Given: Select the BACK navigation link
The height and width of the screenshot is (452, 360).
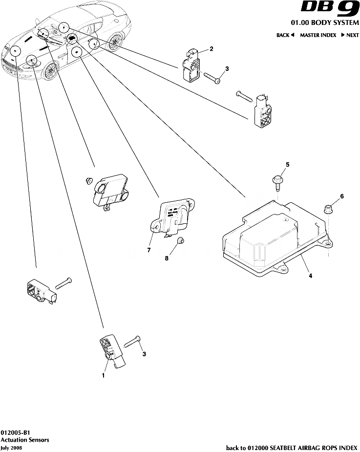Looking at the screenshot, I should (x=285, y=35).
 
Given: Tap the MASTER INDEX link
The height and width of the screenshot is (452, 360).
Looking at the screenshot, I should (x=318, y=35).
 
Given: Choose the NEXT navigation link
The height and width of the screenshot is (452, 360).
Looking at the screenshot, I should (x=350, y=35).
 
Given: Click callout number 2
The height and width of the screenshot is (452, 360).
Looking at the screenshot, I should (x=211, y=48).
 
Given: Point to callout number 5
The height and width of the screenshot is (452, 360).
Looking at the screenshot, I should (x=287, y=165).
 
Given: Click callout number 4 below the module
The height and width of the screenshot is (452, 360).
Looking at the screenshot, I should (x=310, y=276).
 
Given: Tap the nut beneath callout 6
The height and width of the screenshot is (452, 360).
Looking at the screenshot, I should (x=328, y=211).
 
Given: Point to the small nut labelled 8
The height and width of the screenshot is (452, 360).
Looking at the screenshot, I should (x=180, y=240).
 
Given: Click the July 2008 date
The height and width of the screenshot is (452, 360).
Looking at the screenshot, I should (x=11, y=447).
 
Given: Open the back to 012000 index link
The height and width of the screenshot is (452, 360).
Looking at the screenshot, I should (x=292, y=447).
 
